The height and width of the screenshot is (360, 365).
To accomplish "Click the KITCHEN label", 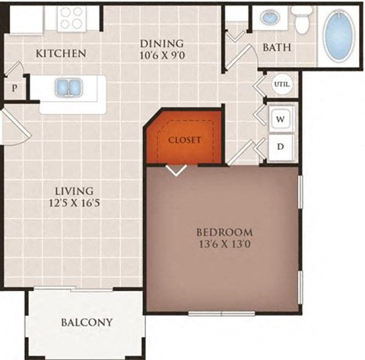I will [61, 54].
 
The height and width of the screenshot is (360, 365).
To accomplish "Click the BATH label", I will [277, 48].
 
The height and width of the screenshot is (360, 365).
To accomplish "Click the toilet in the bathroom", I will [303, 21].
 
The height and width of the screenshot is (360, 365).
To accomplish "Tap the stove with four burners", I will [73, 17].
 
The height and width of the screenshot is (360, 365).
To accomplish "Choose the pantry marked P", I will [14, 88].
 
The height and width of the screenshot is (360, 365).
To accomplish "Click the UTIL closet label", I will [282, 85].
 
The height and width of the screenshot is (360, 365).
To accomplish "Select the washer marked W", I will [280, 118].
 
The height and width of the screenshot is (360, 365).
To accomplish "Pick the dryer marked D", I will [280, 146].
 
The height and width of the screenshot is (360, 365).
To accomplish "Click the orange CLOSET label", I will [184, 141].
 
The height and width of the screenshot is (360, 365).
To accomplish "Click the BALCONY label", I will [86, 323].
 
